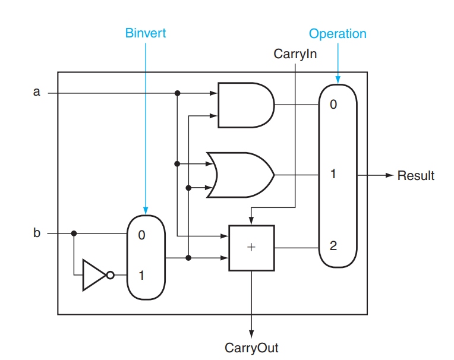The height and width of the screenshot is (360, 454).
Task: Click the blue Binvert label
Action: (146, 33)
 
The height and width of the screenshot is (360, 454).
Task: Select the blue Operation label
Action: (338, 34)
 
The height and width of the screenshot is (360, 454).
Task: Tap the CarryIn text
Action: (295, 54)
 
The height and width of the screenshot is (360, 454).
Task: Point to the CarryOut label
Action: (251, 348)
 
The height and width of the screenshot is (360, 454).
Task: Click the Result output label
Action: (416, 176)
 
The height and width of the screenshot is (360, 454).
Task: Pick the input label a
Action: (37, 92)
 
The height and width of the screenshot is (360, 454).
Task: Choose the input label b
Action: (37, 233)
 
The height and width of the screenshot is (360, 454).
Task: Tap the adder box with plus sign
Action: (251, 248)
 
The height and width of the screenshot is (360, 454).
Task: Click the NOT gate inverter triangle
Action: (93, 275)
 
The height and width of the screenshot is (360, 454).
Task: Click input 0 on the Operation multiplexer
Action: (333, 105)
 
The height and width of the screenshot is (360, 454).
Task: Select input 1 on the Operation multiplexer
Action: (333, 175)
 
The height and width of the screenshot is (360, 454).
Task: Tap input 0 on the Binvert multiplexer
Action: (141, 235)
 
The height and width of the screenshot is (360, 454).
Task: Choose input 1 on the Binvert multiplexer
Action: (141, 276)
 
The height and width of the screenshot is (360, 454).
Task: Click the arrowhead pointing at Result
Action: (389, 176)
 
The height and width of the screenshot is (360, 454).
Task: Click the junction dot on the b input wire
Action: (74, 233)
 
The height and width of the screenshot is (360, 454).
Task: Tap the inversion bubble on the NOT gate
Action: (109, 275)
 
